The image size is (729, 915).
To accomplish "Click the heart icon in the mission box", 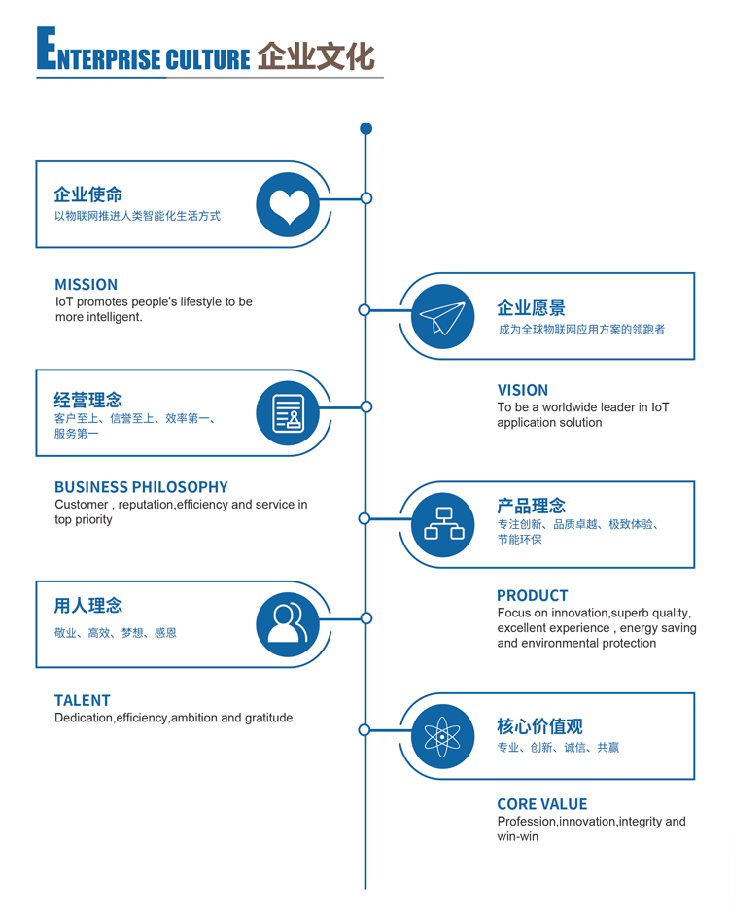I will point(289,205).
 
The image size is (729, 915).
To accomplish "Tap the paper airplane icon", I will point(442,317).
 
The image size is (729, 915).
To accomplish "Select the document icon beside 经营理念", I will point(288,413).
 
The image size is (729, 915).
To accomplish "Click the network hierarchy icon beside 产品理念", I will point(443,524).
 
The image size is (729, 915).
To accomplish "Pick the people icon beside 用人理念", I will point(288,624).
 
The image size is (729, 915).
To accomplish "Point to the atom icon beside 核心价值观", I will point(442,737).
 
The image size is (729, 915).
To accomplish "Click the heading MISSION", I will point(86,285).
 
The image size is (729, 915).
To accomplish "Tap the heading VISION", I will point(523,390).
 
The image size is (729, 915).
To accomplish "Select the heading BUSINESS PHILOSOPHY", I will point(141,487).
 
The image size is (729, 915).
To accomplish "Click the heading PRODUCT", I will point(532,595).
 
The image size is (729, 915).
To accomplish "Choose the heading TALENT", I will point(83,700).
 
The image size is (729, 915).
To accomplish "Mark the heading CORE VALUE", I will point(542,804).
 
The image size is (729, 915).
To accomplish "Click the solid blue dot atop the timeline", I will point(365,128).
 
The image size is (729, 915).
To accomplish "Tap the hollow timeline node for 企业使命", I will point(366,198).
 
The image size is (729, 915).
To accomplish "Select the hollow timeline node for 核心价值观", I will point(364,730).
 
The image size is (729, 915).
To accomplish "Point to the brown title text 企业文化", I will point(316,55).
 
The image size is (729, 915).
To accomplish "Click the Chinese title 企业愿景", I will point(531,308).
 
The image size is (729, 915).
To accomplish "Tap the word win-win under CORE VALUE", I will point(517,836).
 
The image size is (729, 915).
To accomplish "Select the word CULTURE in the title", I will point(207,59).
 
